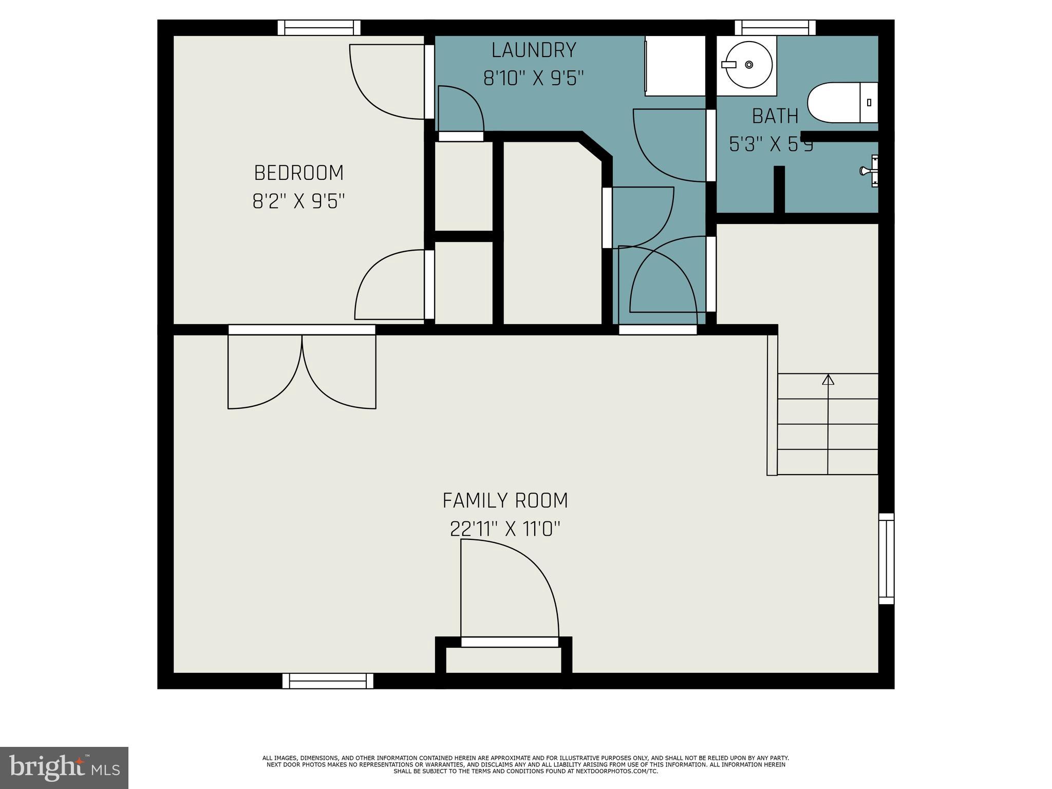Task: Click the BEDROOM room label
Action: click(x=298, y=173)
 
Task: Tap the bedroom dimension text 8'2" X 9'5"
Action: click(x=298, y=201)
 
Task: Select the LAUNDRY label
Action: click(x=534, y=50)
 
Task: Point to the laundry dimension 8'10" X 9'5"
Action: click(x=534, y=79)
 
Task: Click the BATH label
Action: click(x=775, y=117)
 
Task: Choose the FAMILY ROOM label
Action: click(x=505, y=500)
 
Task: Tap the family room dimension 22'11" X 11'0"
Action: click(x=505, y=529)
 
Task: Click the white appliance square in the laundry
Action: click(x=675, y=66)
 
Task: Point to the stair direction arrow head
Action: click(x=828, y=380)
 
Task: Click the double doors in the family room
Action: click(x=302, y=370)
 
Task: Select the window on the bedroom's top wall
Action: click(x=319, y=28)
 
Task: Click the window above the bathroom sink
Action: click(x=775, y=28)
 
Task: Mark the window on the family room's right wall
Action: click(x=886, y=558)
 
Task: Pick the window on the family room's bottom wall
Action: click(x=328, y=681)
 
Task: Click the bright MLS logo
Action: click(x=64, y=767)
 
